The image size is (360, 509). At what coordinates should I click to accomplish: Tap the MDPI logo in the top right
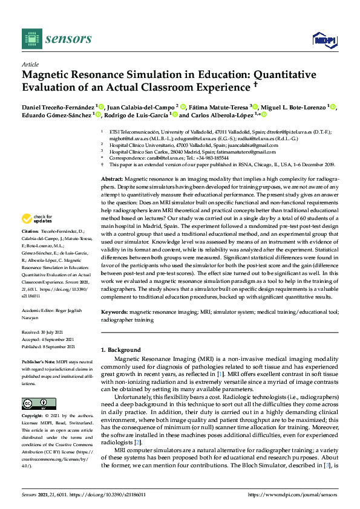pyautogui.click(x=324, y=40)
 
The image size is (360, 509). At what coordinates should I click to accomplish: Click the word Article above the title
pyautogui.click(x=30, y=63)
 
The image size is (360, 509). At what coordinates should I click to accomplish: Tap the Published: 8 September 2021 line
pyautogui.click(x=48, y=346)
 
